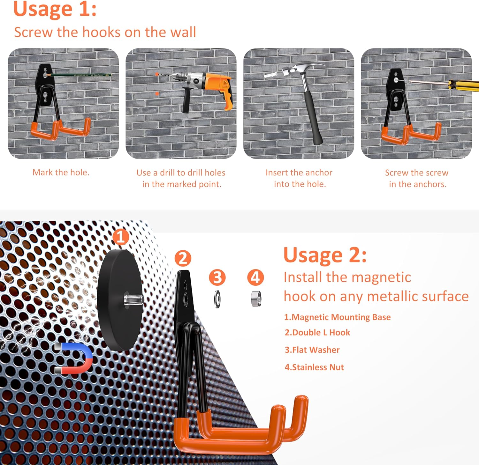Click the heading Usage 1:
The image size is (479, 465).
point(55,9)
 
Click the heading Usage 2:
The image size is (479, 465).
point(325,255)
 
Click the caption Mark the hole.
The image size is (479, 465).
point(61,173)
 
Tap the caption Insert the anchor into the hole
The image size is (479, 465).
point(299,178)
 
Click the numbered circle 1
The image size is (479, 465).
point(121,237)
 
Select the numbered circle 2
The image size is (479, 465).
point(183,258)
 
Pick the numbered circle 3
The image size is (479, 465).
point(217,277)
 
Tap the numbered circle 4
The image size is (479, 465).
point(255,277)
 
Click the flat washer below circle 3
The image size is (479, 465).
point(217,299)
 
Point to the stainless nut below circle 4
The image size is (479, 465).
point(256,299)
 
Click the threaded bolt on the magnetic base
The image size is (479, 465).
point(134,299)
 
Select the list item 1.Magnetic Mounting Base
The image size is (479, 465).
point(338,317)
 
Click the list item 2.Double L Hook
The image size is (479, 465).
point(317,332)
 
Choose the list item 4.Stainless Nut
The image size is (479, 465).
point(314,367)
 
